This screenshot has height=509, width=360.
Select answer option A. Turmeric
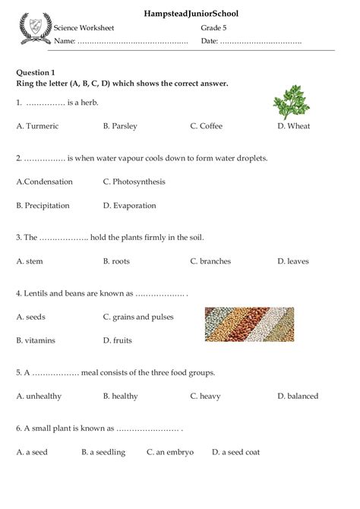[37, 126]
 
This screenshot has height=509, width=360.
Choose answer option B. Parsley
[120, 126]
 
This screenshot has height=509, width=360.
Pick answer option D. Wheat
[294, 126]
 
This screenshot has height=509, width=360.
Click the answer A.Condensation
[45, 182]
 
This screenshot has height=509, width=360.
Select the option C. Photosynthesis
[134, 182]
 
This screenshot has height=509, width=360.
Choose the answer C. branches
[210, 261]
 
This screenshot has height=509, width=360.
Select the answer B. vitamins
[36, 340]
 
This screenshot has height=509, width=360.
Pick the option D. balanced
[298, 396]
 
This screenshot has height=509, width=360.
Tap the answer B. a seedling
[103, 452]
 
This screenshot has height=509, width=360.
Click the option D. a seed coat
[235, 452]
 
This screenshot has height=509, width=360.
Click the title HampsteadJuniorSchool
[180, 14]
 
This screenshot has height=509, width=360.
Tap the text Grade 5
[214, 27]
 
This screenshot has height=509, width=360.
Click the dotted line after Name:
[133, 41]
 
